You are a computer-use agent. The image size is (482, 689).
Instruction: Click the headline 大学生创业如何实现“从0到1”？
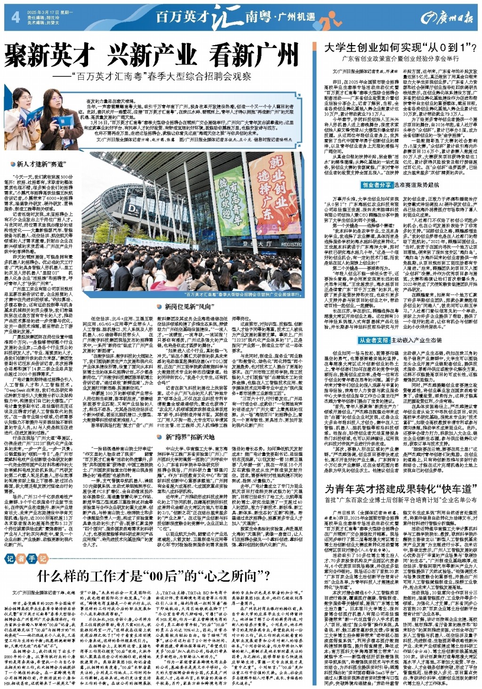[x=401, y=48]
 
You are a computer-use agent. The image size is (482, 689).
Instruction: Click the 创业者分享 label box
[x=377, y=186]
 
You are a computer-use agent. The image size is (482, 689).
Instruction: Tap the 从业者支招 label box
[x=374, y=340]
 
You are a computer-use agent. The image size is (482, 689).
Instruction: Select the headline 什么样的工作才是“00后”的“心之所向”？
[x=153, y=576]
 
